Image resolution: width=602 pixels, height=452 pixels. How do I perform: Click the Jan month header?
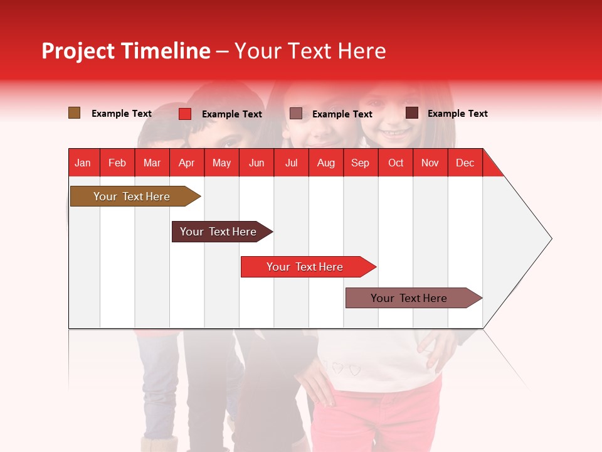83,163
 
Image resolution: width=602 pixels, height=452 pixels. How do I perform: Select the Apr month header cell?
187,163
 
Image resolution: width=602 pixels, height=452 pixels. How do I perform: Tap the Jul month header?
291,163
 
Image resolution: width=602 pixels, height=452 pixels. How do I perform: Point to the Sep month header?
360,163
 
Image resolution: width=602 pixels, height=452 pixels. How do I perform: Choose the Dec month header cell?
465,163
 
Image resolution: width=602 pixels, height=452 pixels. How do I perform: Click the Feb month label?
117,163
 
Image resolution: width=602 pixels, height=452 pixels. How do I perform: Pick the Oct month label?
396,163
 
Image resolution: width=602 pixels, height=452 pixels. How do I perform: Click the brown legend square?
74,113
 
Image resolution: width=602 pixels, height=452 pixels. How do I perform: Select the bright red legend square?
184,114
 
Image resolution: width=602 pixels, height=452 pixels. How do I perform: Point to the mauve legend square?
296,114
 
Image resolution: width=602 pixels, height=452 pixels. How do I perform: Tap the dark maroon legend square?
412,113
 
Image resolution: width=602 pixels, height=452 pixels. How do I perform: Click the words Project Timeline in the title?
125,51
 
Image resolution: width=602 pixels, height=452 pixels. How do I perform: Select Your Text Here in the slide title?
310,51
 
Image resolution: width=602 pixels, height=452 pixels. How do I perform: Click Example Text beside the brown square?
122,114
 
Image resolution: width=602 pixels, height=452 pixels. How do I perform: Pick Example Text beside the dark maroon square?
458,114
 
